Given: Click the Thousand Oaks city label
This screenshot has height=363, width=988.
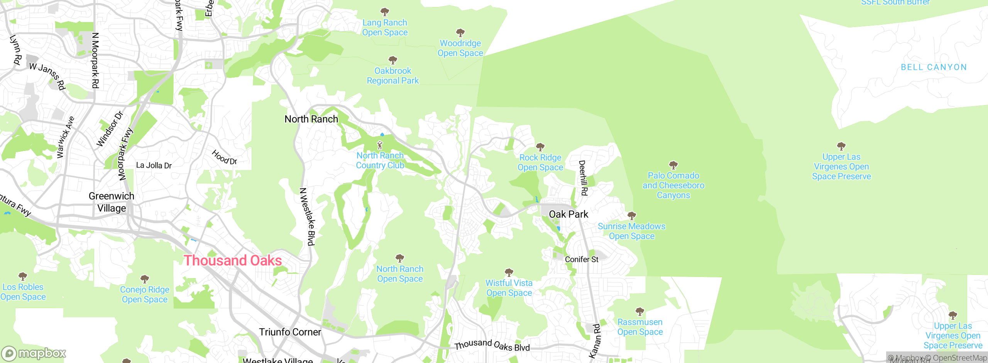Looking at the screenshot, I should coord(232,261).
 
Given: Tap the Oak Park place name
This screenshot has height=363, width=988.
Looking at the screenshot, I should coord(568,214).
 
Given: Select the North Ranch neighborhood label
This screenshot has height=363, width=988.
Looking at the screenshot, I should coord(311,119).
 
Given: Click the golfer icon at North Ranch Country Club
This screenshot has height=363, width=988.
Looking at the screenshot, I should coord(380,146).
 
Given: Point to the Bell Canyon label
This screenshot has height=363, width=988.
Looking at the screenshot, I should coord(934,68).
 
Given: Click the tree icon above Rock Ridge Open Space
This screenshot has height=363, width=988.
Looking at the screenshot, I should coord(540,147).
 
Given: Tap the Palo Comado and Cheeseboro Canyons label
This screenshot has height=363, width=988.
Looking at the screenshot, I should coord(673,185).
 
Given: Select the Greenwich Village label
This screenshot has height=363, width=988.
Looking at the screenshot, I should coord(112,202).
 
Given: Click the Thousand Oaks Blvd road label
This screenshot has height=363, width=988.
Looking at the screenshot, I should coord(492,345).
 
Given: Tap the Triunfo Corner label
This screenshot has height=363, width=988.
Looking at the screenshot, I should coord(290,332).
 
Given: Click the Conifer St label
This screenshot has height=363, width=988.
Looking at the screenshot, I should coord(581,260).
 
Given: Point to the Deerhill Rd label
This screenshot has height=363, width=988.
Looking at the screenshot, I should coord(583,178).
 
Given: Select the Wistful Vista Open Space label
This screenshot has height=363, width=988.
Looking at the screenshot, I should coord(509,288).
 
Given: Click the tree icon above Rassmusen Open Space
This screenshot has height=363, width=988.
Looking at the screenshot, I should coord(639,311).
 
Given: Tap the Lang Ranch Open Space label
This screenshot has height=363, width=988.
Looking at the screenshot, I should coord(384,28).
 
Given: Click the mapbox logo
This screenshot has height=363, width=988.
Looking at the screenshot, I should coord(34,353).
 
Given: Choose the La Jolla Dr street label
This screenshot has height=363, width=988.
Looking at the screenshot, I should coord(154,166).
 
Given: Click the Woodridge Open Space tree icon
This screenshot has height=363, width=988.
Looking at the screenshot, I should coord(460,32).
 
